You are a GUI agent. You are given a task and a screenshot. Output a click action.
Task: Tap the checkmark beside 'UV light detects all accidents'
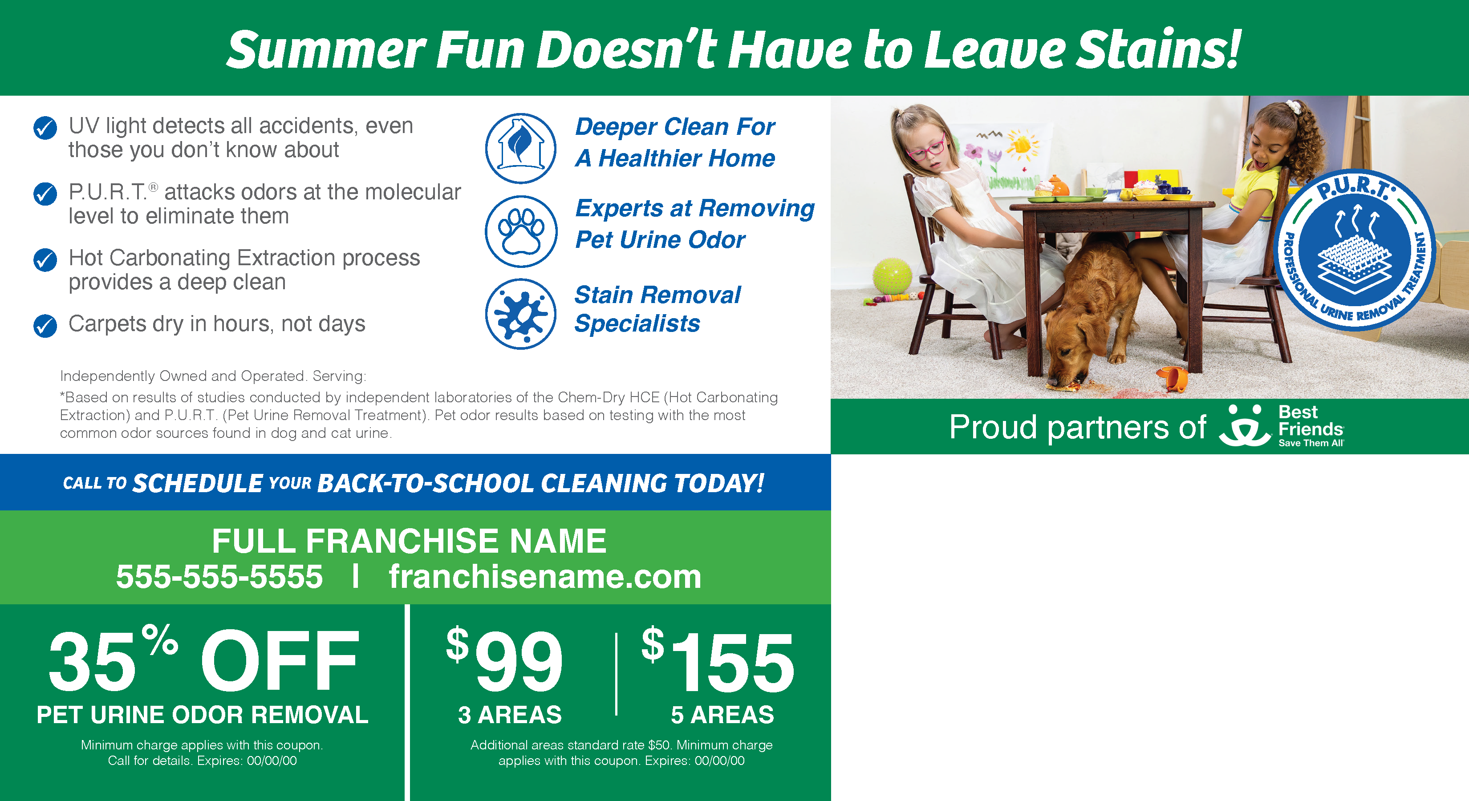point(45,128)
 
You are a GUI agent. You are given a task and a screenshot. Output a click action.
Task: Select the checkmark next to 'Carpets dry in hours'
point(45,326)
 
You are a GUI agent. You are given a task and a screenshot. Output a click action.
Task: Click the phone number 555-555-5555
point(219,576)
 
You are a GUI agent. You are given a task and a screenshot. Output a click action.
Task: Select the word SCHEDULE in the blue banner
point(197,483)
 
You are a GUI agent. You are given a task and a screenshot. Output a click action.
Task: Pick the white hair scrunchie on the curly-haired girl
point(1299,107)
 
